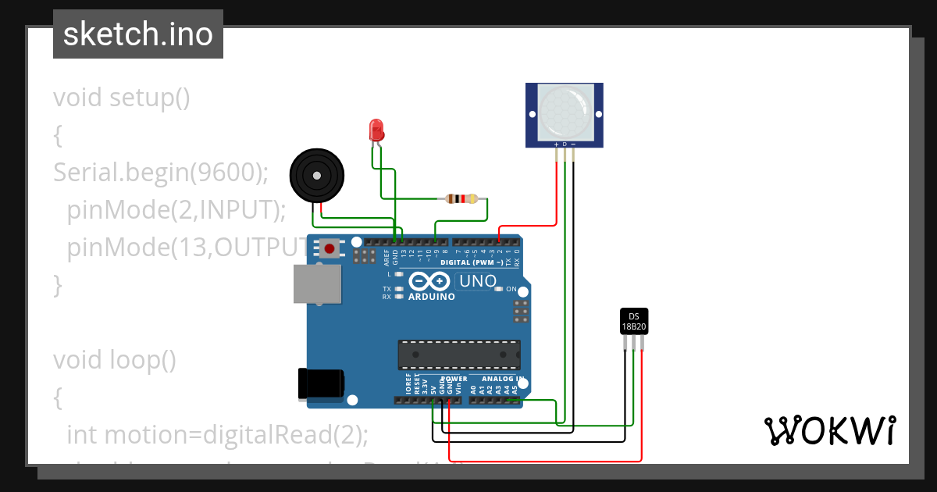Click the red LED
[x=376, y=130]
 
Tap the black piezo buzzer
[x=316, y=176]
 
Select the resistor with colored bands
[x=461, y=198]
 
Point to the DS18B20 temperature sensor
[x=633, y=321]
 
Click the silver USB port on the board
[x=317, y=283]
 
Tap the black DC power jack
[x=321, y=385]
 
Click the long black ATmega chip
[x=458, y=354]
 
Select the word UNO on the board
[x=476, y=281]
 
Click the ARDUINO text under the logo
[x=432, y=297]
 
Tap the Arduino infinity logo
[x=428, y=281]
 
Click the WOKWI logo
[x=829, y=430]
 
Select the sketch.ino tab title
[x=138, y=34]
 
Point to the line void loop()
[x=115, y=359]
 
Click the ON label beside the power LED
[x=511, y=289]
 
